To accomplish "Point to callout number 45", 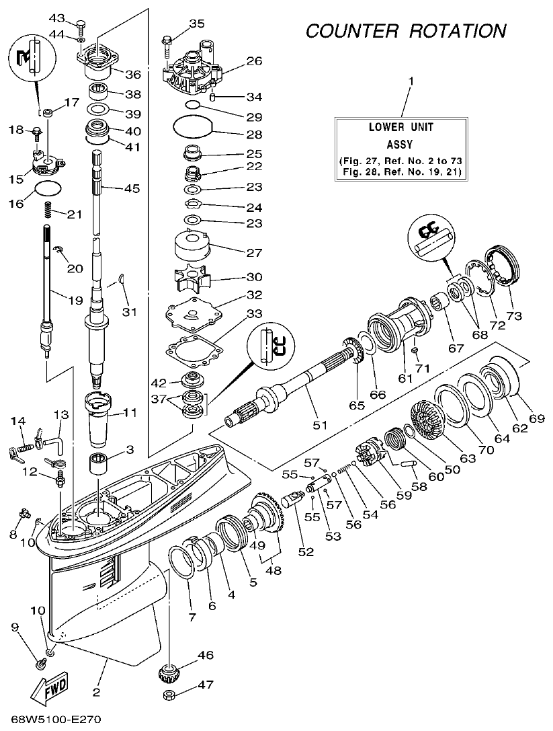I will coord(132,188).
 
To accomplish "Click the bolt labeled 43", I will coord(81,27).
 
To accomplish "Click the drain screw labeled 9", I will coord(40,664).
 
